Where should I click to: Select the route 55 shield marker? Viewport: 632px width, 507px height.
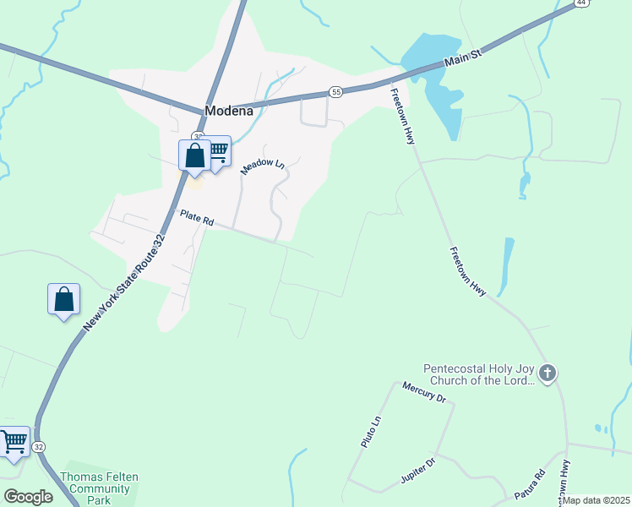pos(335,91)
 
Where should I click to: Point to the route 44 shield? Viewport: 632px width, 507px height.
pos(580,3)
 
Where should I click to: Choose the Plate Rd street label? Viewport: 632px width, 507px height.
pos(197,218)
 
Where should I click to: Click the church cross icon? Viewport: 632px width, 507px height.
pos(548,373)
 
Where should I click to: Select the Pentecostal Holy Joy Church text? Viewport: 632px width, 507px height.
pos(480,374)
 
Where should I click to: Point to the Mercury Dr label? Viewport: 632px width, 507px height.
pos(423,393)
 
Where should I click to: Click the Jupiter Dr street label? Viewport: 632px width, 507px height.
pos(417,474)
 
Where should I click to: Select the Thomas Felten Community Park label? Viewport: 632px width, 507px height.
pos(99,488)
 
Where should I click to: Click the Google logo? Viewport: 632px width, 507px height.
pos(28,496)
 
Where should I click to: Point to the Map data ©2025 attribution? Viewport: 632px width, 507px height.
pos(597,500)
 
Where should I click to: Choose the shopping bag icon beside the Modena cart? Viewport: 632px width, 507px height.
pos(195,155)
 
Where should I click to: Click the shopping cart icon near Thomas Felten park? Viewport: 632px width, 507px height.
pos(14,442)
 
